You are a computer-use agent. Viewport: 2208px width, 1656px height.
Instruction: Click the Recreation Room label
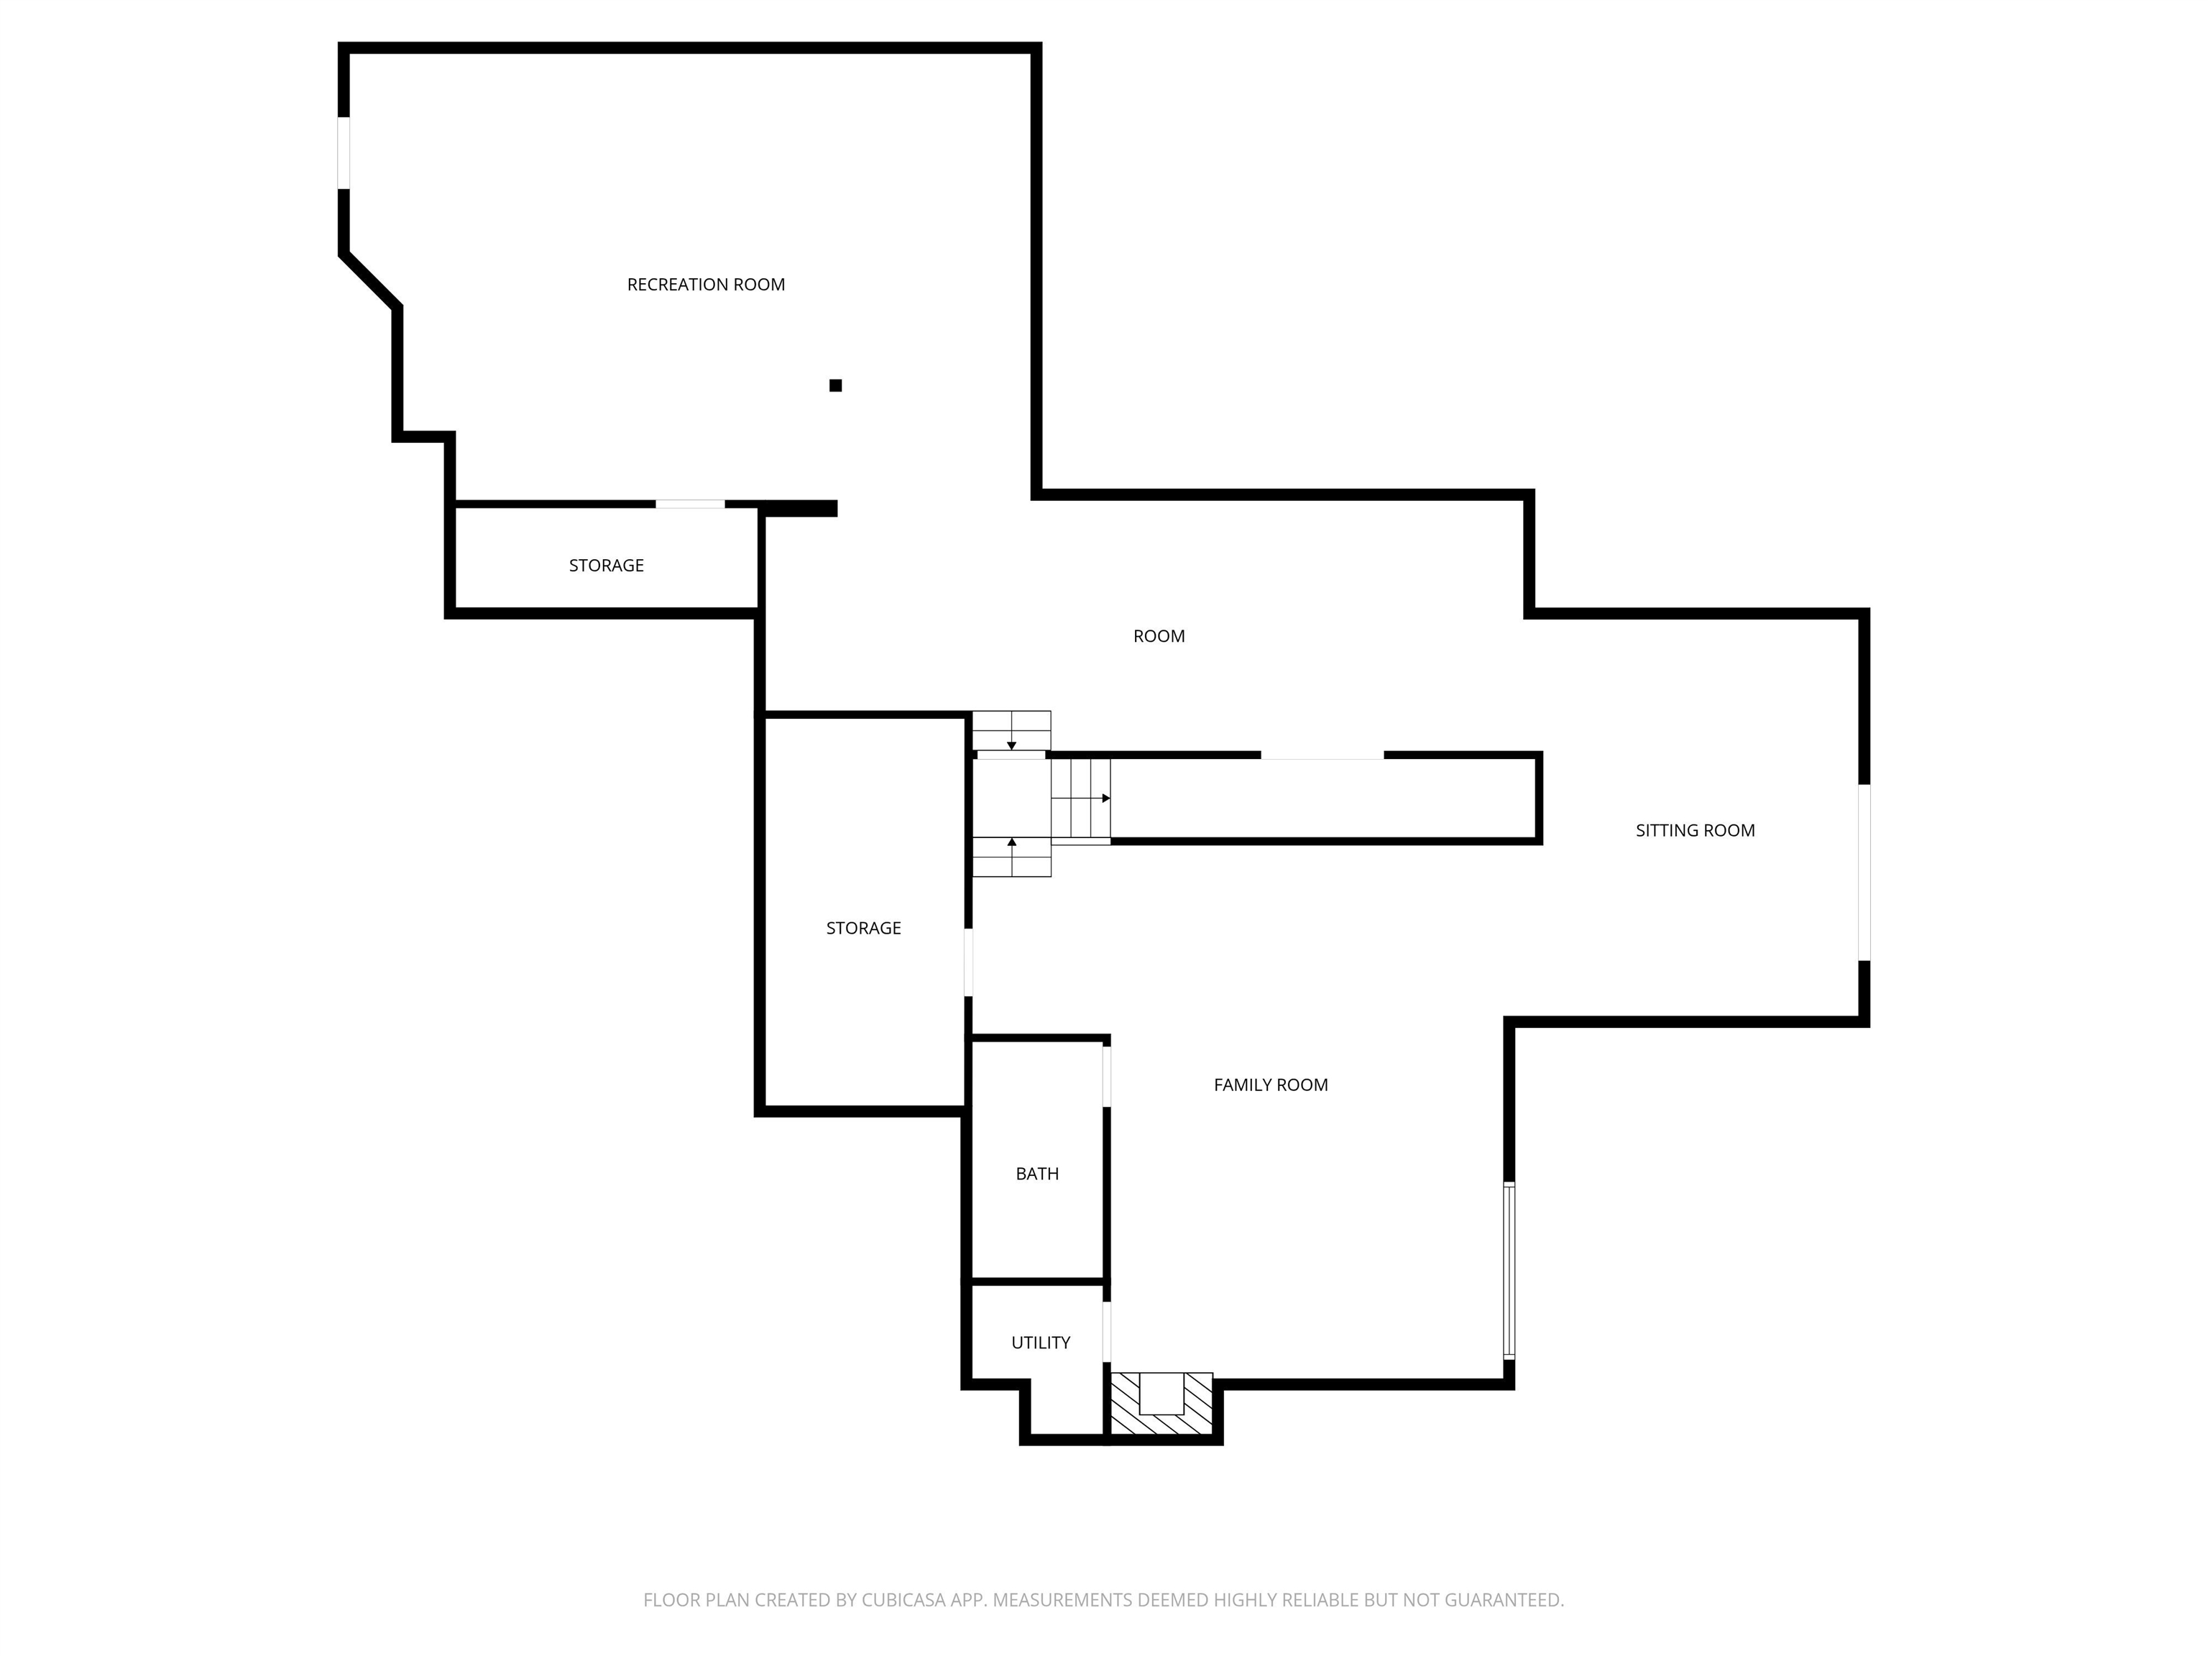point(706,285)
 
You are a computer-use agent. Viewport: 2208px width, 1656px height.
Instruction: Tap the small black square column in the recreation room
point(835,385)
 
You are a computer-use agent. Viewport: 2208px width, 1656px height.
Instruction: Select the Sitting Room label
point(1695,830)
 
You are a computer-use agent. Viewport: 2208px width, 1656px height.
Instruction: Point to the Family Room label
point(1271,1085)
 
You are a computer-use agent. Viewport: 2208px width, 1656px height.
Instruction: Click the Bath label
point(1037,1174)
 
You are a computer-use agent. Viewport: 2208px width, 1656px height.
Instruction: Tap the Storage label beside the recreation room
point(606,566)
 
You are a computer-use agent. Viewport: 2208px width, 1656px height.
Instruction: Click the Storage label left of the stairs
point(863,929)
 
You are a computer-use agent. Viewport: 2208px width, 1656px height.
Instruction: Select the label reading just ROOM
point(1159,637)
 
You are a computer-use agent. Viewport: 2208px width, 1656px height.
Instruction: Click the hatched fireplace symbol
point(1162,1404)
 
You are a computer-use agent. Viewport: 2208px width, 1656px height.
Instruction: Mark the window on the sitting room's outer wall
point(1864,873)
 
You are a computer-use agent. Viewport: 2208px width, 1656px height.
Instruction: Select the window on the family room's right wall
point(1509,1271)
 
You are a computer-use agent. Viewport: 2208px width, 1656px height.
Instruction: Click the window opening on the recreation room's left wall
point(344,152)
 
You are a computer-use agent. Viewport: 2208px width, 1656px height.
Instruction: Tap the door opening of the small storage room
point(690,504)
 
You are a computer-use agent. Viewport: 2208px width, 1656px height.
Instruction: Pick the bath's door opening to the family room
point(1107,1076)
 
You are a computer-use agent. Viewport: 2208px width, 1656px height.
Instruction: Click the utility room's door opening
point(1107,1332)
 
